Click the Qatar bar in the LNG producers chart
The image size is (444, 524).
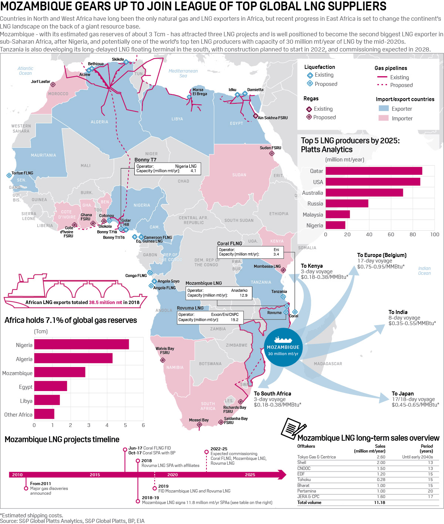point(374,171)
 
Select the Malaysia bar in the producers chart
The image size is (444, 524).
point(337,214)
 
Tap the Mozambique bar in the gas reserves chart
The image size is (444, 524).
point(60,372)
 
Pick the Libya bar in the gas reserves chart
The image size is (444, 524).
point(47,400)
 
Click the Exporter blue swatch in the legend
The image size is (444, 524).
point(384,109)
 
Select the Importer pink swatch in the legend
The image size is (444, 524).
point(384,118)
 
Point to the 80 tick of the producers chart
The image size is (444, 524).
point(413,234)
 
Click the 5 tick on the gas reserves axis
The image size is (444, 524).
point(125,425)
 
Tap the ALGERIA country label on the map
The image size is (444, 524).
point(100,122)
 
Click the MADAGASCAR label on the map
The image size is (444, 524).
point(328,364)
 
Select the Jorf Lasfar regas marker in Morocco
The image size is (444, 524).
point(53,84)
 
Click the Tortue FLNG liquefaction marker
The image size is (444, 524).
point(9,175)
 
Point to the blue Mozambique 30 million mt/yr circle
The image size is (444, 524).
point(283,347)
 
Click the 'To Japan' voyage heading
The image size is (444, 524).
point(403,394)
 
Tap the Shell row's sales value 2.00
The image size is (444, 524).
point(381,463)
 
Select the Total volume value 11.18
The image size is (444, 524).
point(380,503)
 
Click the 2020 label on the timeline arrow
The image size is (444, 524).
point(172,475)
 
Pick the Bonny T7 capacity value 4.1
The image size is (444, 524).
point(193,171)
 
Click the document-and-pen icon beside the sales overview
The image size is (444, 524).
point(293,428)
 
